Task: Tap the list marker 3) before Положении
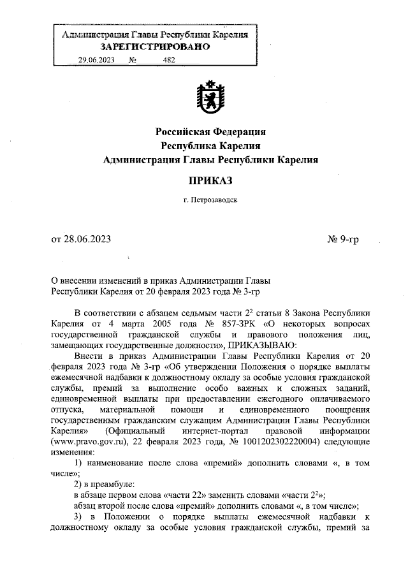tap(79, 515)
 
